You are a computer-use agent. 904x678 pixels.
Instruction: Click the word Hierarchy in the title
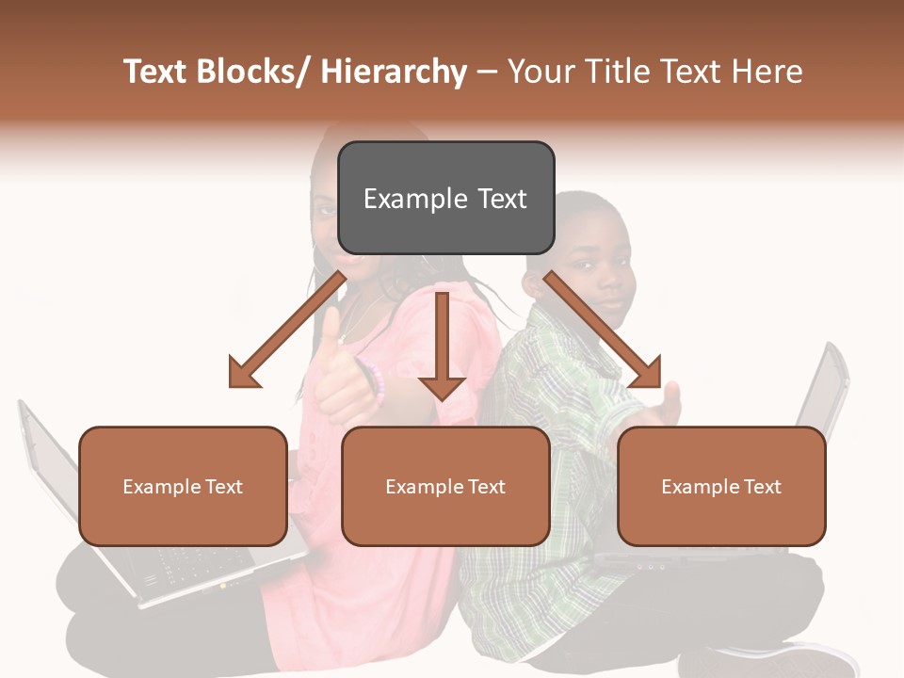[394, 73]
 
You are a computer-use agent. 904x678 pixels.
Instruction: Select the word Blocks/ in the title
[250, 73]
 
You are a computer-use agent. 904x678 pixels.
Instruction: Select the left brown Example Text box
[183, 486]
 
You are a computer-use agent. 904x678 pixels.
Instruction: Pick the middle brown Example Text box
[445, 486]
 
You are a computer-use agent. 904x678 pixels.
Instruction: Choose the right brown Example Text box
[721, 486]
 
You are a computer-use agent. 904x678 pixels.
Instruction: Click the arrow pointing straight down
[442, 348]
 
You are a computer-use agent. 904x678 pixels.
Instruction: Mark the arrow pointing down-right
[603, 330]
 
